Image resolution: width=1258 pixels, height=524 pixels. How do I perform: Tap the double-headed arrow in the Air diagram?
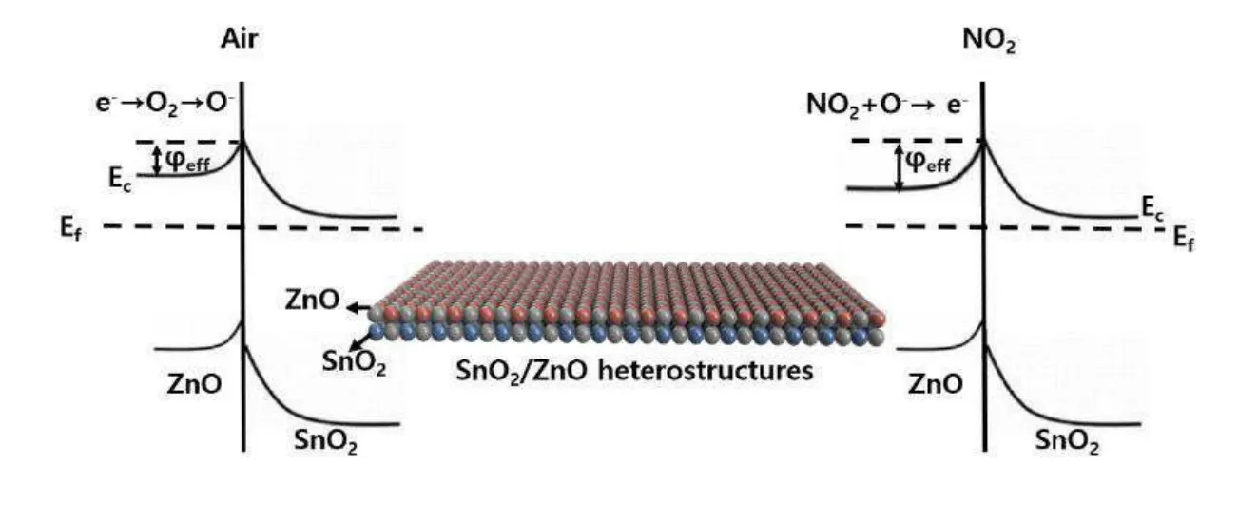click(155, 159)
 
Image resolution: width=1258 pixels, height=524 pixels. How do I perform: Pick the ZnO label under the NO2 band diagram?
click(936, 384)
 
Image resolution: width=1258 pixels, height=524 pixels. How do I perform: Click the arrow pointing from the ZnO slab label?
click(357, 308)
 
